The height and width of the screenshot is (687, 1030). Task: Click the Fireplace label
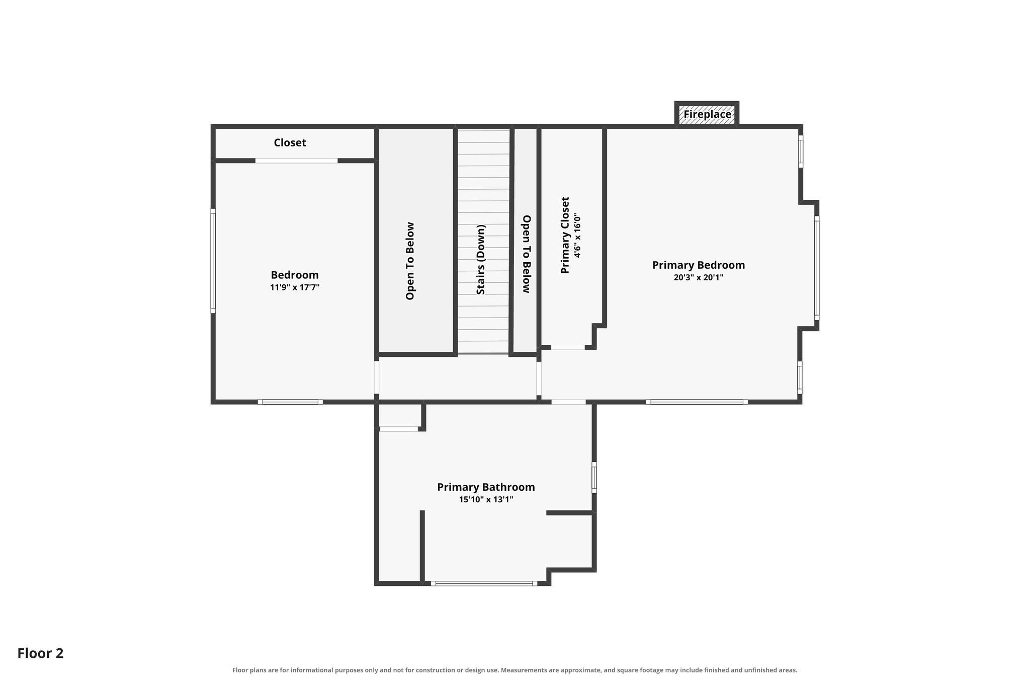click(707, 115)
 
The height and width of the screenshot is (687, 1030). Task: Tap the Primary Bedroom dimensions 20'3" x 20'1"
click(699, 277)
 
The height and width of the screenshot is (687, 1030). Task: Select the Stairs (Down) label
click(481, 260)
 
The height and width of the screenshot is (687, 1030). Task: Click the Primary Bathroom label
click(486, 487)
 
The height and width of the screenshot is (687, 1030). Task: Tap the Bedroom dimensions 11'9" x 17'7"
click(295, 287)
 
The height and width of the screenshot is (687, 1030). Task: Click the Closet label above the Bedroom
click(290, 143)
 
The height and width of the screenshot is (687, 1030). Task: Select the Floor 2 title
click(41, 653)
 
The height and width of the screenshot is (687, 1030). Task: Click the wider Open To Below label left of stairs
click(410, 261)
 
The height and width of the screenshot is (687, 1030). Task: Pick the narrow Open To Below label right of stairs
click(527, 254)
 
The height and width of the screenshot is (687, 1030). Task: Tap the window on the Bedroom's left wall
click(213, 261)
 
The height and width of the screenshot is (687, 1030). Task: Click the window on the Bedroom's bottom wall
click(291, 402)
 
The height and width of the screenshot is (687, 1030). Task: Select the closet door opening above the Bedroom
click(297, 161)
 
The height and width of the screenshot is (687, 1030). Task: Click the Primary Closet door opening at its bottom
click(568, 347)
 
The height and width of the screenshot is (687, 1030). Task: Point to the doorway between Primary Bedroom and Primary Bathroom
click(569, 402)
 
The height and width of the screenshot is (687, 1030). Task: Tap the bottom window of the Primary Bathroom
click(484, 584)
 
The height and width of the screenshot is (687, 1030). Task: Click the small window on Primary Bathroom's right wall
click(594, 478)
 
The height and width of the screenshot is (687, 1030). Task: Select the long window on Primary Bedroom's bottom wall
click(697, 402)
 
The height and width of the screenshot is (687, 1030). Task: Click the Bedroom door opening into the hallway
click(376, 377)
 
